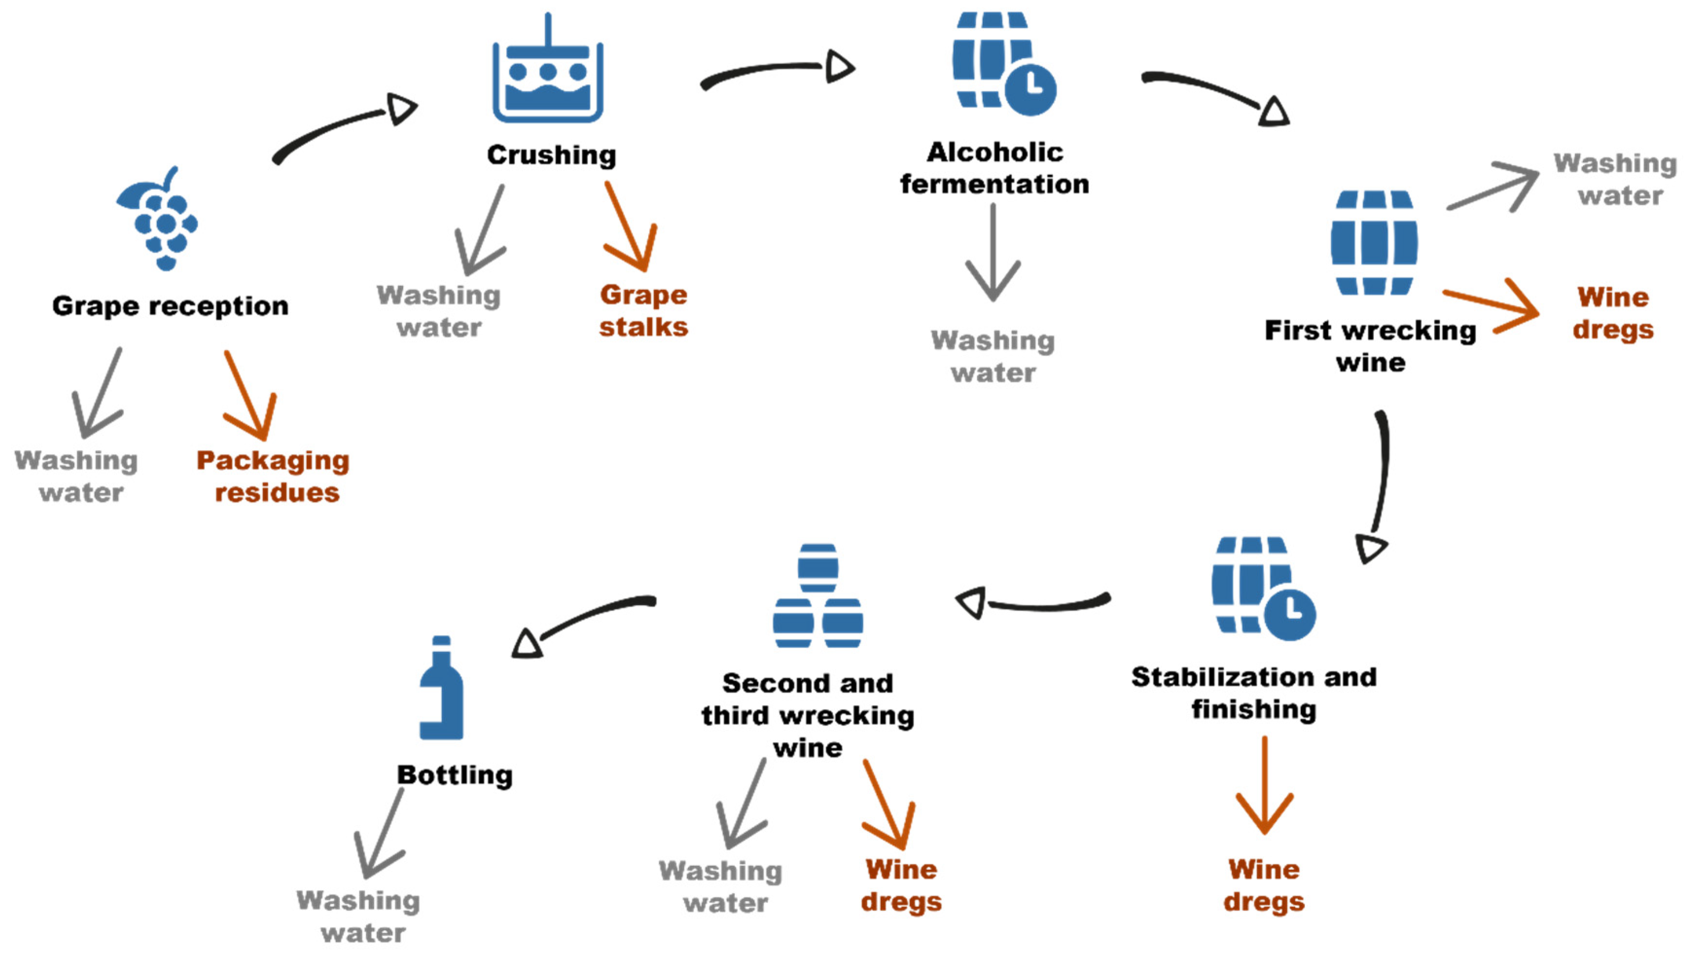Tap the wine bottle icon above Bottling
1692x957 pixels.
click(442, 687)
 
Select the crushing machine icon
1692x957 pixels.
click(548, 68)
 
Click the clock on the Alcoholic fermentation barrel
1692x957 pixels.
click(1031, 90)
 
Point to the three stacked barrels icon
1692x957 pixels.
click(818, 596)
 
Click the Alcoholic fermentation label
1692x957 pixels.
click(995, 168)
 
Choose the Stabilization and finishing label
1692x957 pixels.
click(1254, 693)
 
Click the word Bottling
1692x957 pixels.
click(455, 775)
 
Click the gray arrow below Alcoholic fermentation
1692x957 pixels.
click(993, 253)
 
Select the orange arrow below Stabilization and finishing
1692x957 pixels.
click(1265, 785)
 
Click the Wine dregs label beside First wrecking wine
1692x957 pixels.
click(1613, 313)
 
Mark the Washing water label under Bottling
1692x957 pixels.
click(358, 916)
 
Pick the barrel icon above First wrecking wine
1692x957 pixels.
click(1374, 243)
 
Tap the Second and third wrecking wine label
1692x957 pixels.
click(808, 715)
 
